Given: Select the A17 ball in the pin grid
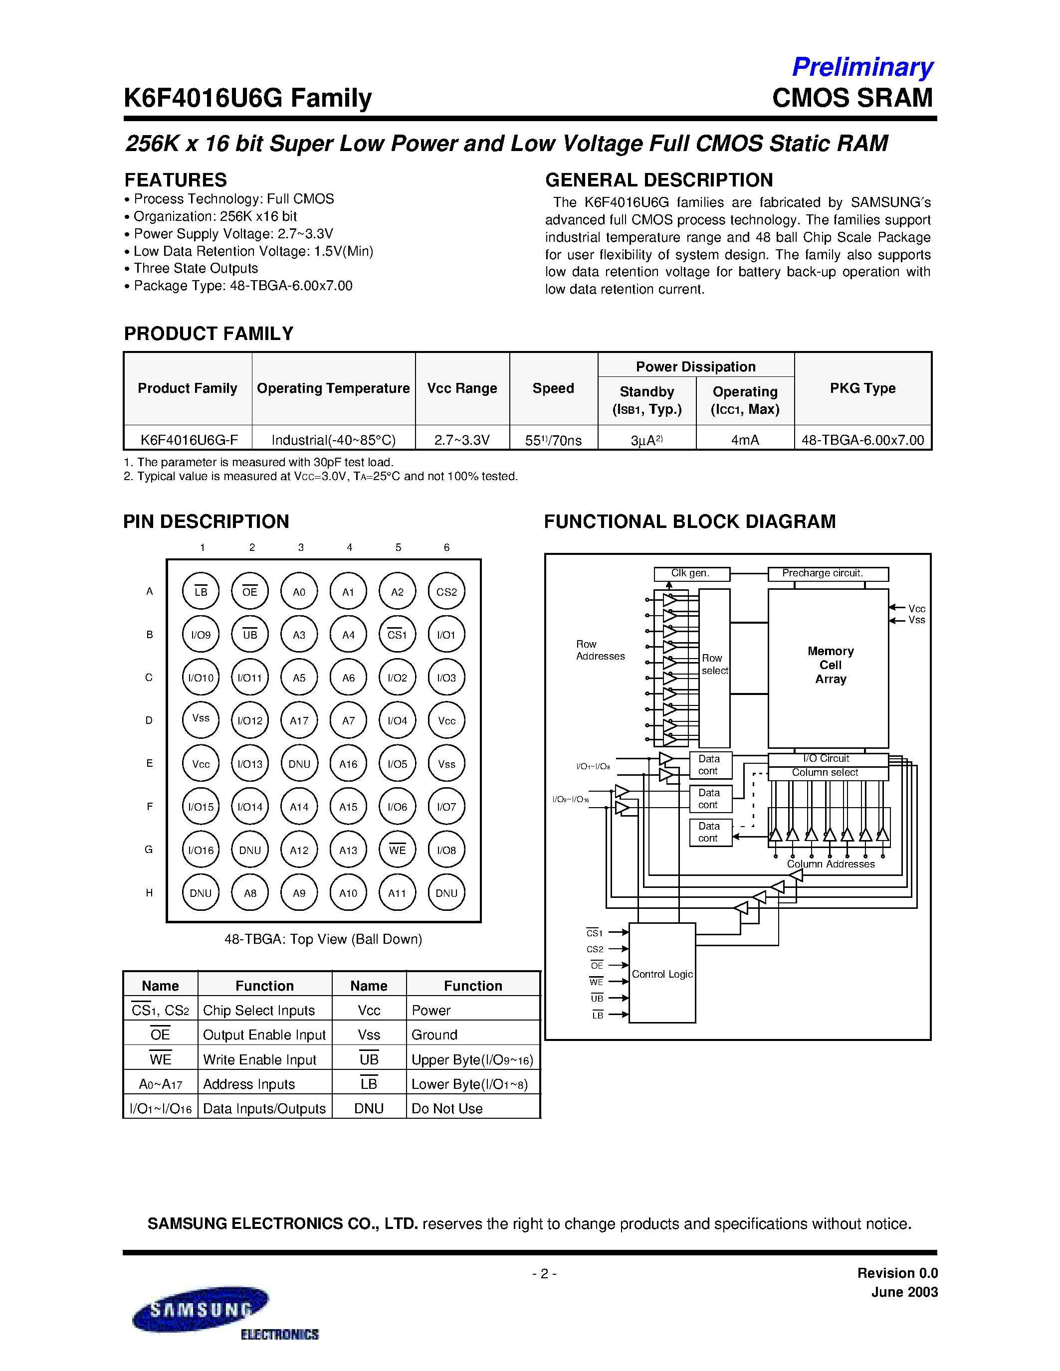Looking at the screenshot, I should coord(299,721).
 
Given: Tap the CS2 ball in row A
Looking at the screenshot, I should coord(446,591).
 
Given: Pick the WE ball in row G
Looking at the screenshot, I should coord(398,850).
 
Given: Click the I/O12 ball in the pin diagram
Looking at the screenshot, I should coord(250,721).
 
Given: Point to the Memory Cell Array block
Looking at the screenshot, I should coord(829,666).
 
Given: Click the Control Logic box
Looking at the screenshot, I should coord(662,974).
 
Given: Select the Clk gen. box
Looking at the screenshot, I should coord(691,573).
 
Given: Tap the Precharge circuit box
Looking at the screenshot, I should coord(828,573).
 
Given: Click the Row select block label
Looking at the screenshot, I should coord(714,664).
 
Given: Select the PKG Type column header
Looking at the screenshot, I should coord(862,388).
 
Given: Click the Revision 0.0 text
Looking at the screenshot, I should coord(897,1273).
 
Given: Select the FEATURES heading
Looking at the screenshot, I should coord(175,180).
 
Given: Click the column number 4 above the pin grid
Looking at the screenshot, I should coord(349,547).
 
